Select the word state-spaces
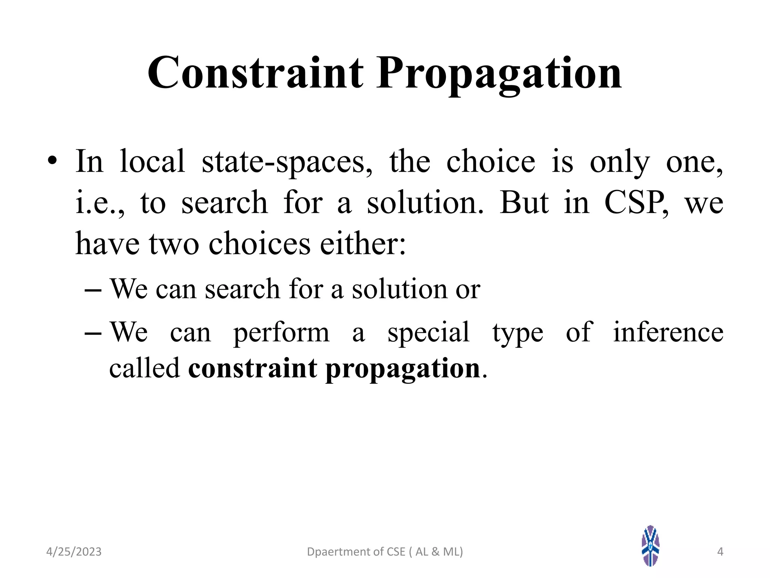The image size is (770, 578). [287, 162]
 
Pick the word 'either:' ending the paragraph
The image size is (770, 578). [363, 243]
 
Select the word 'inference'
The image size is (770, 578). [668, 332]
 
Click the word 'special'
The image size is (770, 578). [428, 333]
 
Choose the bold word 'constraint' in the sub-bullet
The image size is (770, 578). [253, 368]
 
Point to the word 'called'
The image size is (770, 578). [144, 368]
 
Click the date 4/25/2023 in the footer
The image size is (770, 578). [74, 552]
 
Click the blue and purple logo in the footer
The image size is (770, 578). [650, 546]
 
